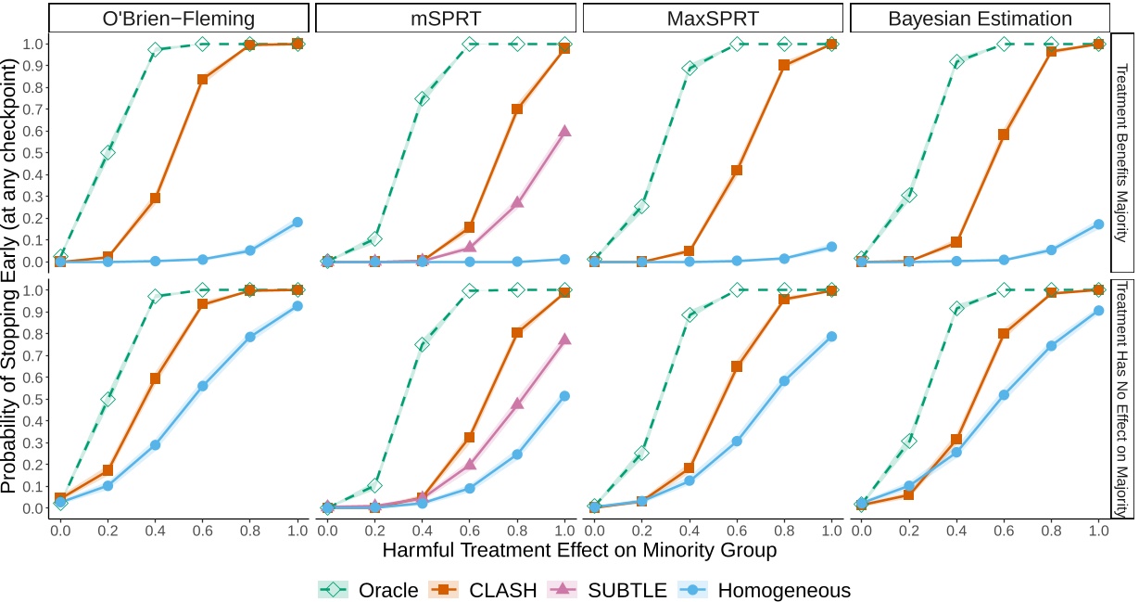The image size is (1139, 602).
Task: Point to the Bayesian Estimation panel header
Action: point(980,19)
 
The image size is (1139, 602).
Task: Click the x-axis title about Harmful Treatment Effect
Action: point(579,550)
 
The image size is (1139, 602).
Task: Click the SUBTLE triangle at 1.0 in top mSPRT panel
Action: point(564,131)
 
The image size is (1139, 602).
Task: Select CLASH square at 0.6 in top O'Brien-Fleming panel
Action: point(202,79)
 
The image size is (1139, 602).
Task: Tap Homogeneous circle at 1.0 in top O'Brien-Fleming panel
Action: point(297,222)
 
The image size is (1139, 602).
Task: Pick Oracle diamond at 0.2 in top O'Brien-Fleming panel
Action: point(108,152)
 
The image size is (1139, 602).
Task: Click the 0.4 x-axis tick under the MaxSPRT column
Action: point(689,529)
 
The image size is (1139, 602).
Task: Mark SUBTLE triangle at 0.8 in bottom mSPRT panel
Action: point(517,403)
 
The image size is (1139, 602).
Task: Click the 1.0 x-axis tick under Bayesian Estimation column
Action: point(1098,529)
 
